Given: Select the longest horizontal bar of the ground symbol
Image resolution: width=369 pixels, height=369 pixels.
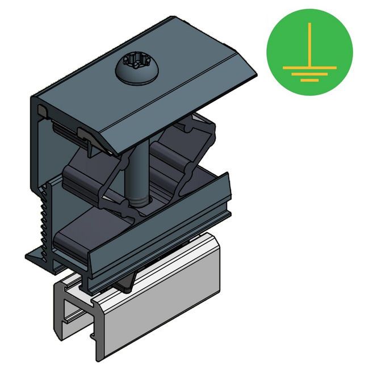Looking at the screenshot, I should [x=309, y=67].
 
